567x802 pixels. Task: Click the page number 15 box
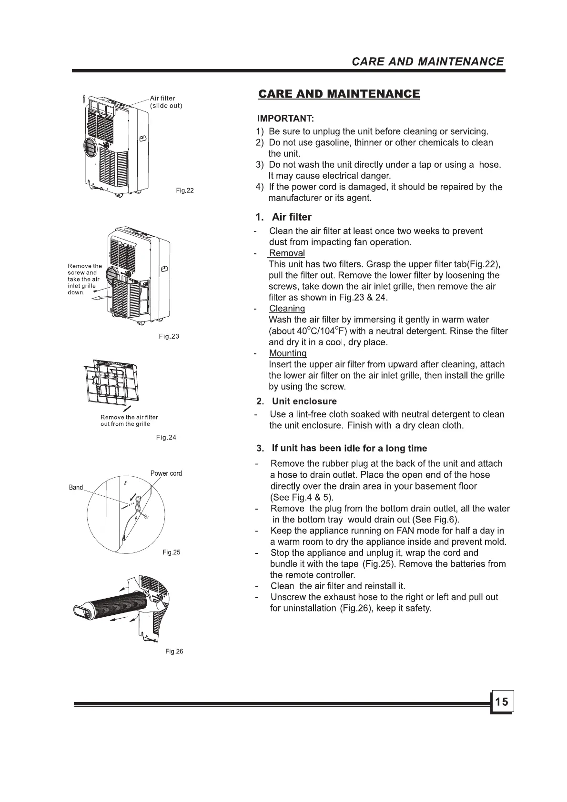pos(501,702)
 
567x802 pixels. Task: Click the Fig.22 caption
pos(185,190)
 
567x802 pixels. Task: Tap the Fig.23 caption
pos(169,336)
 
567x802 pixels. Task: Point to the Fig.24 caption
pos(166,437)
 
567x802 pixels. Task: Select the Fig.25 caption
pos(171,552)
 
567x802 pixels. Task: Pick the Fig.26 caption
pos(174,652)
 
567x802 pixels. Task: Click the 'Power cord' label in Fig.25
pos(166,473)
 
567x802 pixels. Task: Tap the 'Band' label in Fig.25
pos(76,487)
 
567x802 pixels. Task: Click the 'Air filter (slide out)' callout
pos(166,102)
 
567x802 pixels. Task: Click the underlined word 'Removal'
pos(287,253)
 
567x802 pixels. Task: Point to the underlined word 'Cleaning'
pos(287,309)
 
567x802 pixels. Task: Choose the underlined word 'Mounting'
pos(288,353)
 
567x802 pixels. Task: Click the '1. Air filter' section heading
pos(283,217)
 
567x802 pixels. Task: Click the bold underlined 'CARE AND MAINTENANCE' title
pos(339,94)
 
